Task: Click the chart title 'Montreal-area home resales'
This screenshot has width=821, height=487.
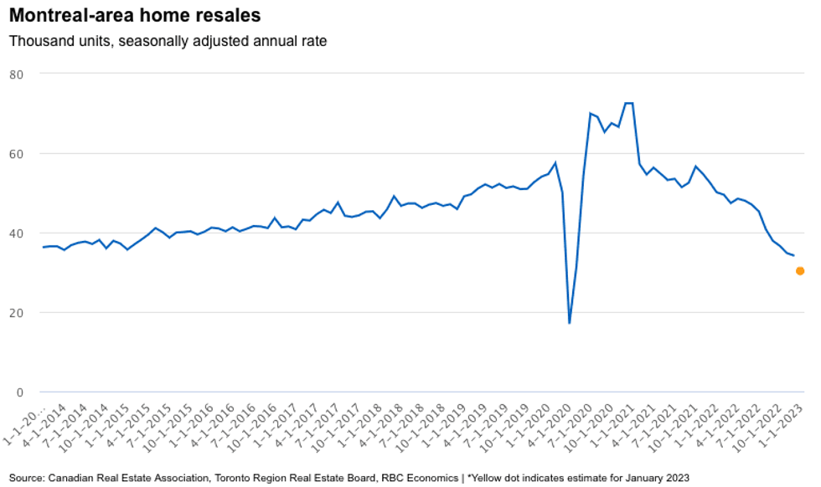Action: click(x=135, y=16)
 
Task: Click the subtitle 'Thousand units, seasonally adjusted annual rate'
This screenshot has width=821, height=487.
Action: click(x=168, y=40)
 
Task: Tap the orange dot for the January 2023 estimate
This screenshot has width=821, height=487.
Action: click(x=800, y=271)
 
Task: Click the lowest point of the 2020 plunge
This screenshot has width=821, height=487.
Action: click(x=570, y=322)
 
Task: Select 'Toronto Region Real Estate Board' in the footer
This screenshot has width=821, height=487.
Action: click(x=293, y=478)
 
